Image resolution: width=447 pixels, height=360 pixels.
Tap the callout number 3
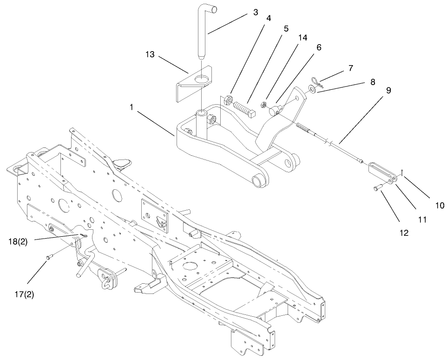click(255, 12)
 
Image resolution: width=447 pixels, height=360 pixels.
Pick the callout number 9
click(388, 90)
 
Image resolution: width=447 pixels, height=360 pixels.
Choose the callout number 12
click(404, 233)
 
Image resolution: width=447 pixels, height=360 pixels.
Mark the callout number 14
click(302, 38)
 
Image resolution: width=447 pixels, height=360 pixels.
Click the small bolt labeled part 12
click(377, 188)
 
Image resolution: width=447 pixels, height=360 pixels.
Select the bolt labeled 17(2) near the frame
click(50, 256)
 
